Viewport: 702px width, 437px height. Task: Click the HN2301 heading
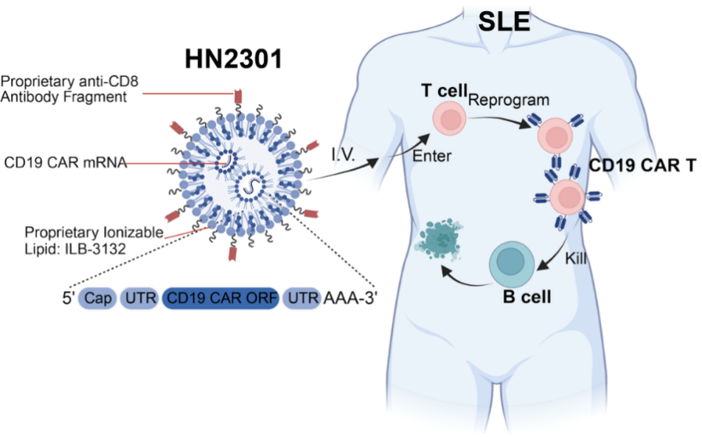click(x=234, y=59)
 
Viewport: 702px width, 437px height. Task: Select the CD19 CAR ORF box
click(x=221, y=299)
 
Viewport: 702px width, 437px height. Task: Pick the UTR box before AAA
click(x=302, y=299)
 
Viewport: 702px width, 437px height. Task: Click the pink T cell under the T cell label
click(x=448, y=120)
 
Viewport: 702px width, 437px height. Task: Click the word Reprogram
click(x=508, y=100)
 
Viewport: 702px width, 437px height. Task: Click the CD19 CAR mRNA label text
click(x=66, y=162)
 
